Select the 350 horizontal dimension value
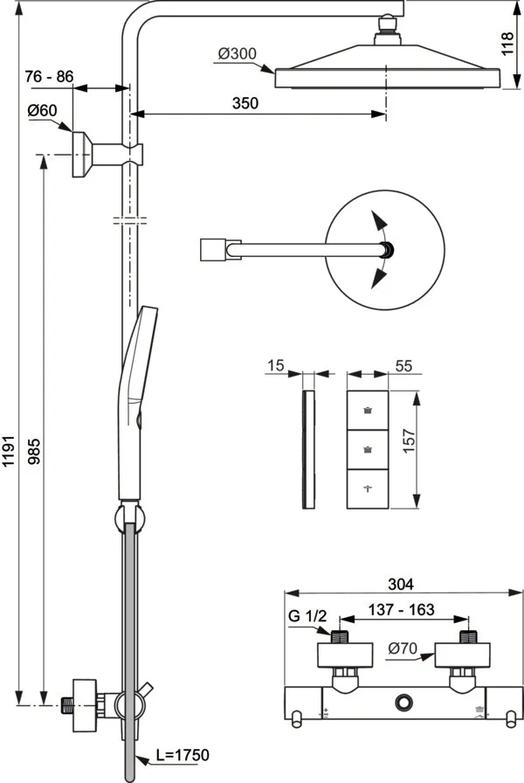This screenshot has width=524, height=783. [245, 103]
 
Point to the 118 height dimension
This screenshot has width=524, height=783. [507, 43]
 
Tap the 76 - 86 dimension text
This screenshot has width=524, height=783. [50, 76]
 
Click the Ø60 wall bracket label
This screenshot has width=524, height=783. [41, 110]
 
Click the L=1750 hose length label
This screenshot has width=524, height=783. [181, 754]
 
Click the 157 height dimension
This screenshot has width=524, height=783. [421, 449]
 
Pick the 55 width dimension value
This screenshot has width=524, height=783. [404, 366]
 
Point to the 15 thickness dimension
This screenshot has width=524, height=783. [275, 366]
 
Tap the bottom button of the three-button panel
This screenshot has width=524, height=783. [367, 489]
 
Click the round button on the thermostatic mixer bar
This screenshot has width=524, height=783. [403, 701]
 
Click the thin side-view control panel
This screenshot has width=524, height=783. [306, 450]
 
